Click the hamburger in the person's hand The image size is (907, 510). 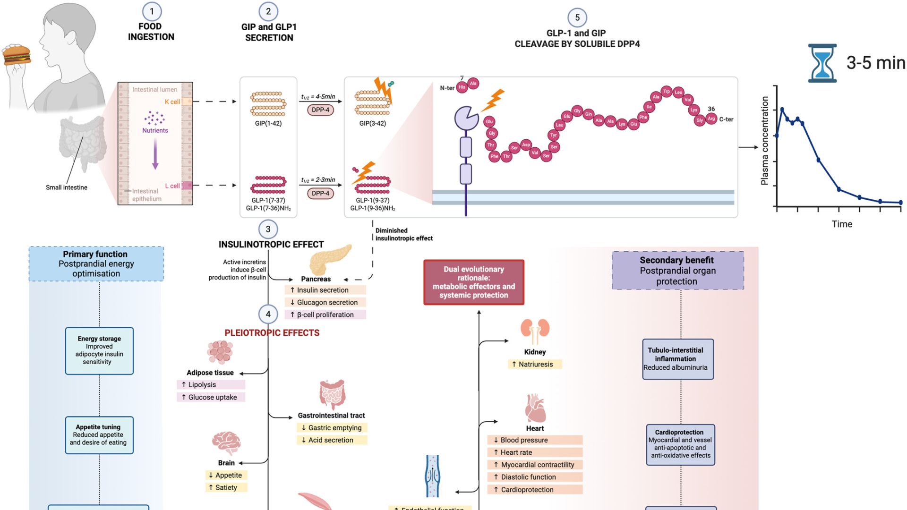coord(17,55)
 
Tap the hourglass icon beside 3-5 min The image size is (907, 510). coord(822,63)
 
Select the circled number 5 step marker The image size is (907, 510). coord(577,18)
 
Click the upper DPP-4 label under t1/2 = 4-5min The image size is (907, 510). coord(320,110)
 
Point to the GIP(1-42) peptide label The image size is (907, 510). coord(268,124)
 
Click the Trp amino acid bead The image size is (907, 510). coord(666,91)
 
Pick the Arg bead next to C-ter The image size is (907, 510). coord(711,119)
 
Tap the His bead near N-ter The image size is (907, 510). coord(462,87)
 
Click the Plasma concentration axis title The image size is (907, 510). coord(764,141)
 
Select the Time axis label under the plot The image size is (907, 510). coord(842,224)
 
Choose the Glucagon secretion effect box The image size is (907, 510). coord(325,303)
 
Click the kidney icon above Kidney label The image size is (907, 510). coord(535,331)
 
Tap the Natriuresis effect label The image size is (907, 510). coord(535,365)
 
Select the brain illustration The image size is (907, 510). coord(226,442)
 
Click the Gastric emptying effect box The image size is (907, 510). coord(332,428)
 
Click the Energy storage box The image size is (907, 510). coord(99,351)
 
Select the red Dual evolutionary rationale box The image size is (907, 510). coord(474,282)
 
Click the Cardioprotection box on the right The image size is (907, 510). coord(680,444)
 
